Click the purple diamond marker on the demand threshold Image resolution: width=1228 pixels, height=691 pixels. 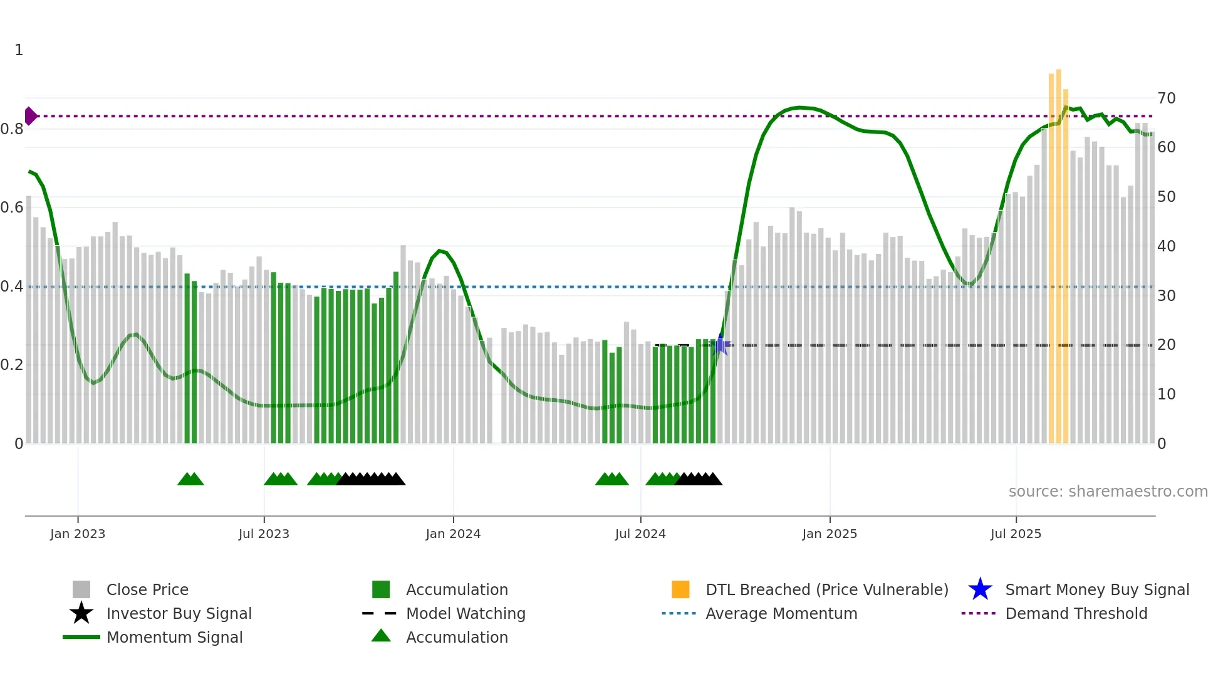pos(30,116)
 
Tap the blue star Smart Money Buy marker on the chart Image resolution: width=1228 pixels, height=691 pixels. pos(721,345)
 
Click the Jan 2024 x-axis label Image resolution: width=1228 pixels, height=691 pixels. pos(453,534)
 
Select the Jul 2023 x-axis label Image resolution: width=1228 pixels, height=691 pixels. pos(264,534)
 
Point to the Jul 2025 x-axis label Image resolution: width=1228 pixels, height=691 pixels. pos(1016,534)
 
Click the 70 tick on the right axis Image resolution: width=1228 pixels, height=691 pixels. pos(1166,98)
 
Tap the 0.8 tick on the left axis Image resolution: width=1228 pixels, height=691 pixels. pos(12,129)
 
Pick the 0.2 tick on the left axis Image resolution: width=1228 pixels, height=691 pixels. pos(12,365)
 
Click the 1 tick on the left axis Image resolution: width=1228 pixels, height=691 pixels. pos(19,50)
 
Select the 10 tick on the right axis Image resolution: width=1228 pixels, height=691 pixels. pos(1166,394)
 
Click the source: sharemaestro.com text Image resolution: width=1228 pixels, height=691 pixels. pos(1108,492)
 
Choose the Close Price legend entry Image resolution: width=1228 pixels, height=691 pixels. pos(147,590)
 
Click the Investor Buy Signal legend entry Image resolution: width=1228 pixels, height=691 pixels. pos(179,614)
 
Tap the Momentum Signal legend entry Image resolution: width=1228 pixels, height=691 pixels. pos(174,638)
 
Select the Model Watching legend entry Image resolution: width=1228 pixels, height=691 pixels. pos(466,614)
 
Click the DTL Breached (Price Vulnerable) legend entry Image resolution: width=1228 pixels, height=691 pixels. pos(826,590)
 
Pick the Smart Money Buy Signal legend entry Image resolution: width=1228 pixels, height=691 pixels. pos(1097,590)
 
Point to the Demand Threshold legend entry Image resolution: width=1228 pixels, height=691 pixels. pos(1076,614)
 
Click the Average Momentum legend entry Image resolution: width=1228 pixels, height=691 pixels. pos(781,614)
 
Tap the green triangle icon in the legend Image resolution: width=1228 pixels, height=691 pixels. pos(381,636)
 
